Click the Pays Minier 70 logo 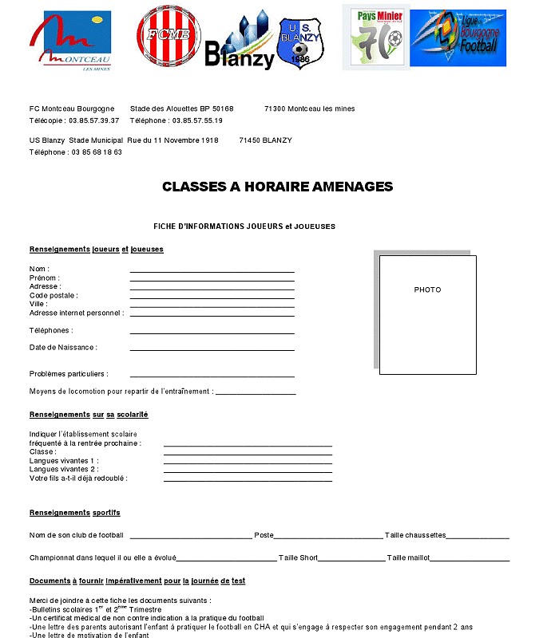point(375,37)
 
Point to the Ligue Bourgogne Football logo point(458,38)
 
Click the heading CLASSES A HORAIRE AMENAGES point(277,187)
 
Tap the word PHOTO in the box point(427,289)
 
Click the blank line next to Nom point(212,272)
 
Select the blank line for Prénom point(212,281)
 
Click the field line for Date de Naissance point(212,350)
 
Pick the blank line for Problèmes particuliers point(212,376)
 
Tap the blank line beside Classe point(248,455)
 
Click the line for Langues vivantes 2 point(248,472)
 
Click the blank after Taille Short point(351,561)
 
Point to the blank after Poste point(328,538)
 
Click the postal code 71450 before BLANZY point(251,140)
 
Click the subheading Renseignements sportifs point(74,512)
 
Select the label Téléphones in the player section point(51,330)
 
